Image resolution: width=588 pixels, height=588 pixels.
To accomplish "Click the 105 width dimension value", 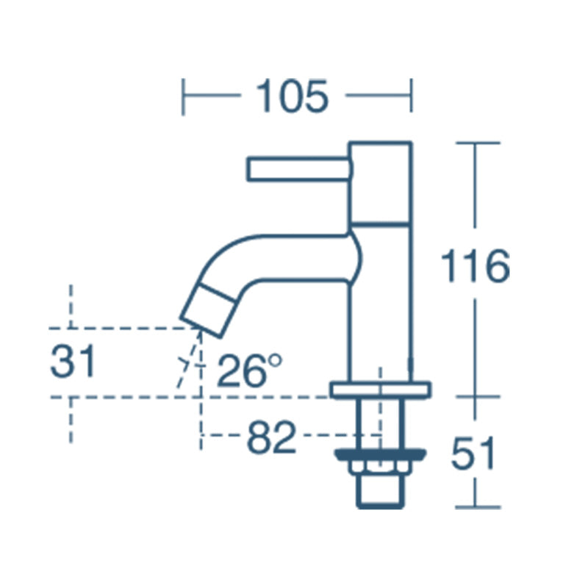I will (x=291, y=96).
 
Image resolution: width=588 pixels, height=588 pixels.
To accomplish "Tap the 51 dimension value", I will (x=474, y=454).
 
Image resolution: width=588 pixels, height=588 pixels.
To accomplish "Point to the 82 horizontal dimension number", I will (x=271, y=438).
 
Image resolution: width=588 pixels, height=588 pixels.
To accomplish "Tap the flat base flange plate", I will (x=380, y=390).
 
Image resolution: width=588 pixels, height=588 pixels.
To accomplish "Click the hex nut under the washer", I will (x=380, y=467).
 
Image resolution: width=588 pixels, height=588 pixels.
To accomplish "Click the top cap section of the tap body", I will (x=380, y=182).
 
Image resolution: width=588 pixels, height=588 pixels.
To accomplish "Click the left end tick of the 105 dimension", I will (x=184, y=97).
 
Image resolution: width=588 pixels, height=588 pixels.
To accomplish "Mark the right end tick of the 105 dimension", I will (x=412, y=97).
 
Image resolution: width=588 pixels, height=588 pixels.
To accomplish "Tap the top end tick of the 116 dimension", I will (x=477, y=143).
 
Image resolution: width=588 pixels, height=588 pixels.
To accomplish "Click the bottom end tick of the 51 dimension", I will (x=477, y=507).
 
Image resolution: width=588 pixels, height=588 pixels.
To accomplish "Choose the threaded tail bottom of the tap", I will (x=380, y=492).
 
